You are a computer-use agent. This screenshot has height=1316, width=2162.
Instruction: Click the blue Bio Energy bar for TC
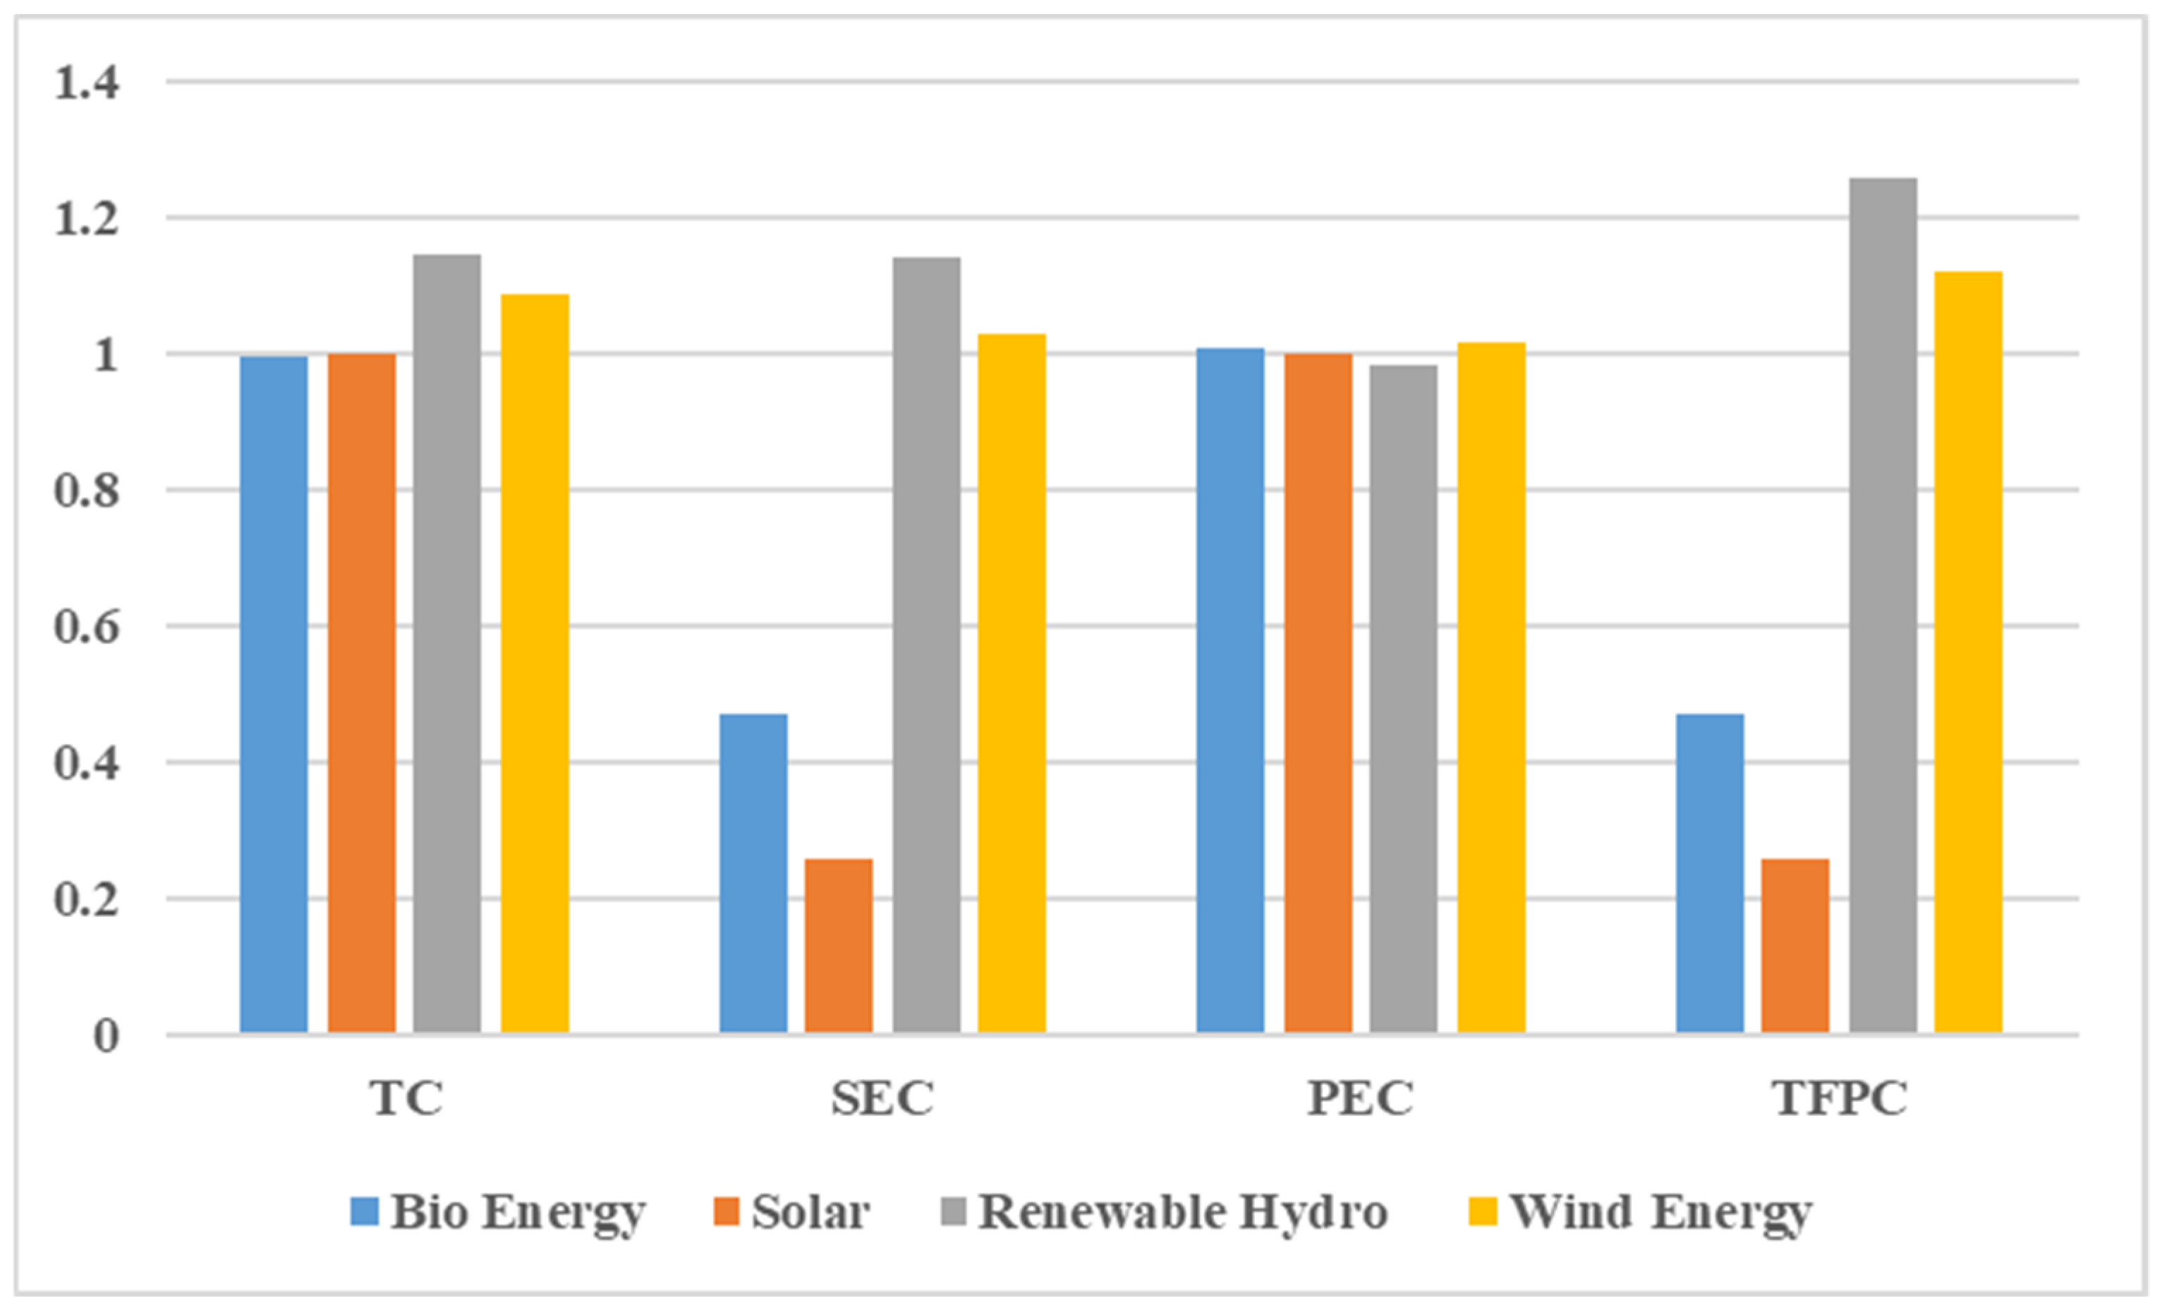tap(274, 694)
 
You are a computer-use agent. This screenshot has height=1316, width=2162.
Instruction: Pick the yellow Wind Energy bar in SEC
tap(1012, 683)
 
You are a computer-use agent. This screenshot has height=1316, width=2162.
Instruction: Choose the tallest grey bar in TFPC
tap(1884, 605)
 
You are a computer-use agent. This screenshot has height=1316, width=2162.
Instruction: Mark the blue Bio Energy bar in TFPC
tap(1709, 874)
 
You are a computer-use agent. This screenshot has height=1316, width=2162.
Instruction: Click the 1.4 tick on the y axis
tap(86, 84)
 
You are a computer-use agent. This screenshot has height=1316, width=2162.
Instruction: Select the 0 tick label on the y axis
tap(105, 1036)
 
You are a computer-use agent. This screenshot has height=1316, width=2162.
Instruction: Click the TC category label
tap(406, 1097)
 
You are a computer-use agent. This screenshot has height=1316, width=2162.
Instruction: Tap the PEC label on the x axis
tap(1360, 1097)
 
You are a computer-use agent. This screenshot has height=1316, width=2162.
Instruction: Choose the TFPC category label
tap(1840, 1097)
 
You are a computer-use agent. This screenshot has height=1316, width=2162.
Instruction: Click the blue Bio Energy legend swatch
tap(364, 1212)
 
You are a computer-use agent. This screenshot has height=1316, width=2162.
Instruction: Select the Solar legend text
tap(810, 1212)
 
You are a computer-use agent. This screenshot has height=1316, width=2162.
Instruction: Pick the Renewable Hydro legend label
tap(1183, 1212)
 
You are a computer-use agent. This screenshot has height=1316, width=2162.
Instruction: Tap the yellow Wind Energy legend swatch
tap(1483, 1212)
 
